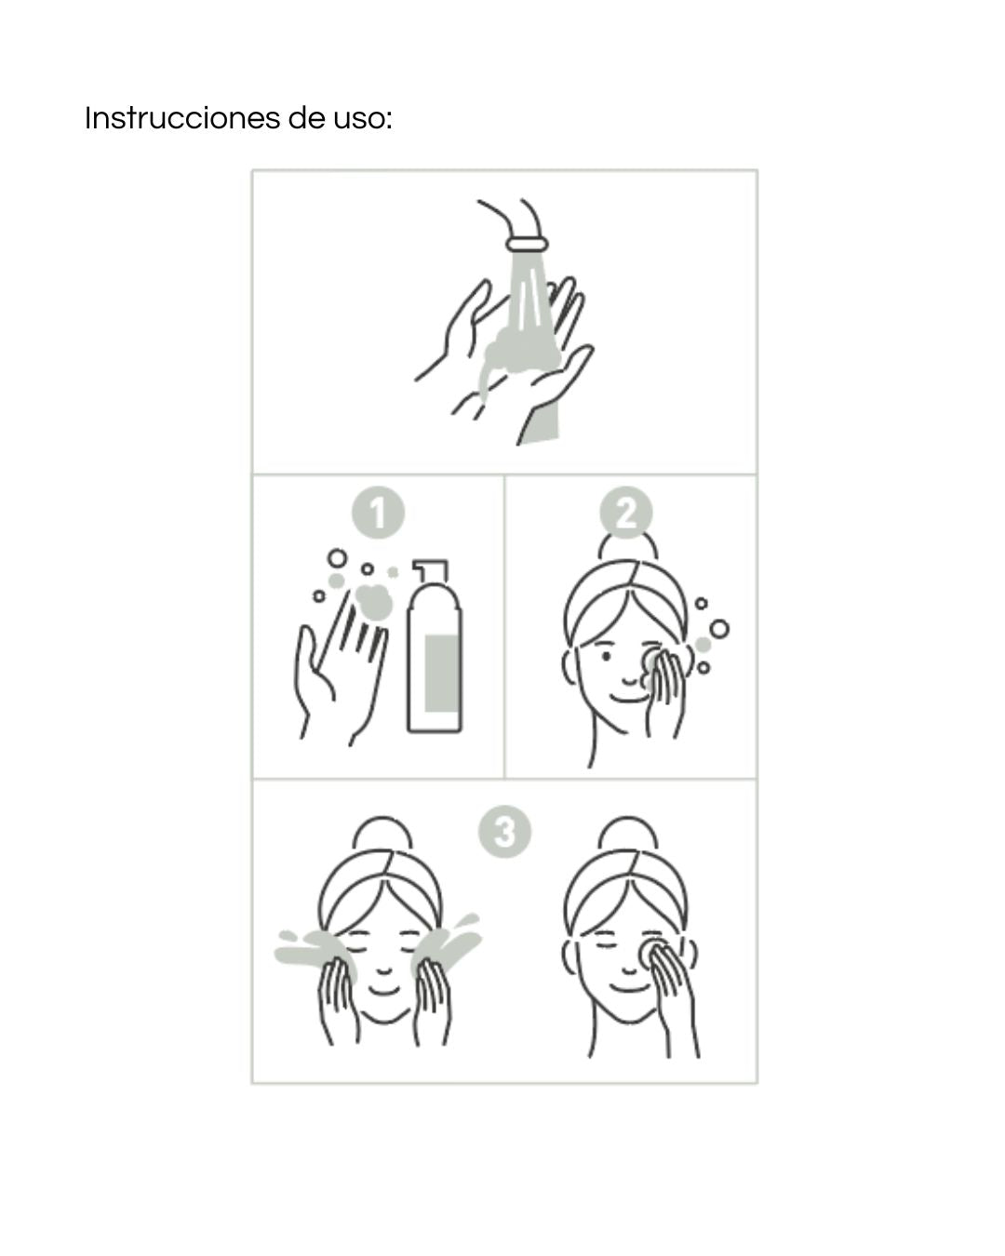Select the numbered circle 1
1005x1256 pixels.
click(378, 513)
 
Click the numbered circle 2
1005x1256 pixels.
click(626, 513)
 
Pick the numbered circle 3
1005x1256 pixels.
click(504, 831)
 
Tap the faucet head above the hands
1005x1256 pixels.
click(528, 244)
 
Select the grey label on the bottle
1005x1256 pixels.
click(441, 673)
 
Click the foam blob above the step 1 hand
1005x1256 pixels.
click(372, 601)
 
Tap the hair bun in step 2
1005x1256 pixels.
click(628, 545)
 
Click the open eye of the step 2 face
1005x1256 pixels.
click(606, 657)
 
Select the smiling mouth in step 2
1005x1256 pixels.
click(628, 698)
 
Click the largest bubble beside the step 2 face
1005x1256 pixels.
click(719, 629)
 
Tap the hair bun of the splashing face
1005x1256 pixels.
click(382, 833)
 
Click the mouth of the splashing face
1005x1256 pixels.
click(382, 991)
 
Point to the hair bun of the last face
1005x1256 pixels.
click(628, 833)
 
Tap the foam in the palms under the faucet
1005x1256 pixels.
click(521, 352)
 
